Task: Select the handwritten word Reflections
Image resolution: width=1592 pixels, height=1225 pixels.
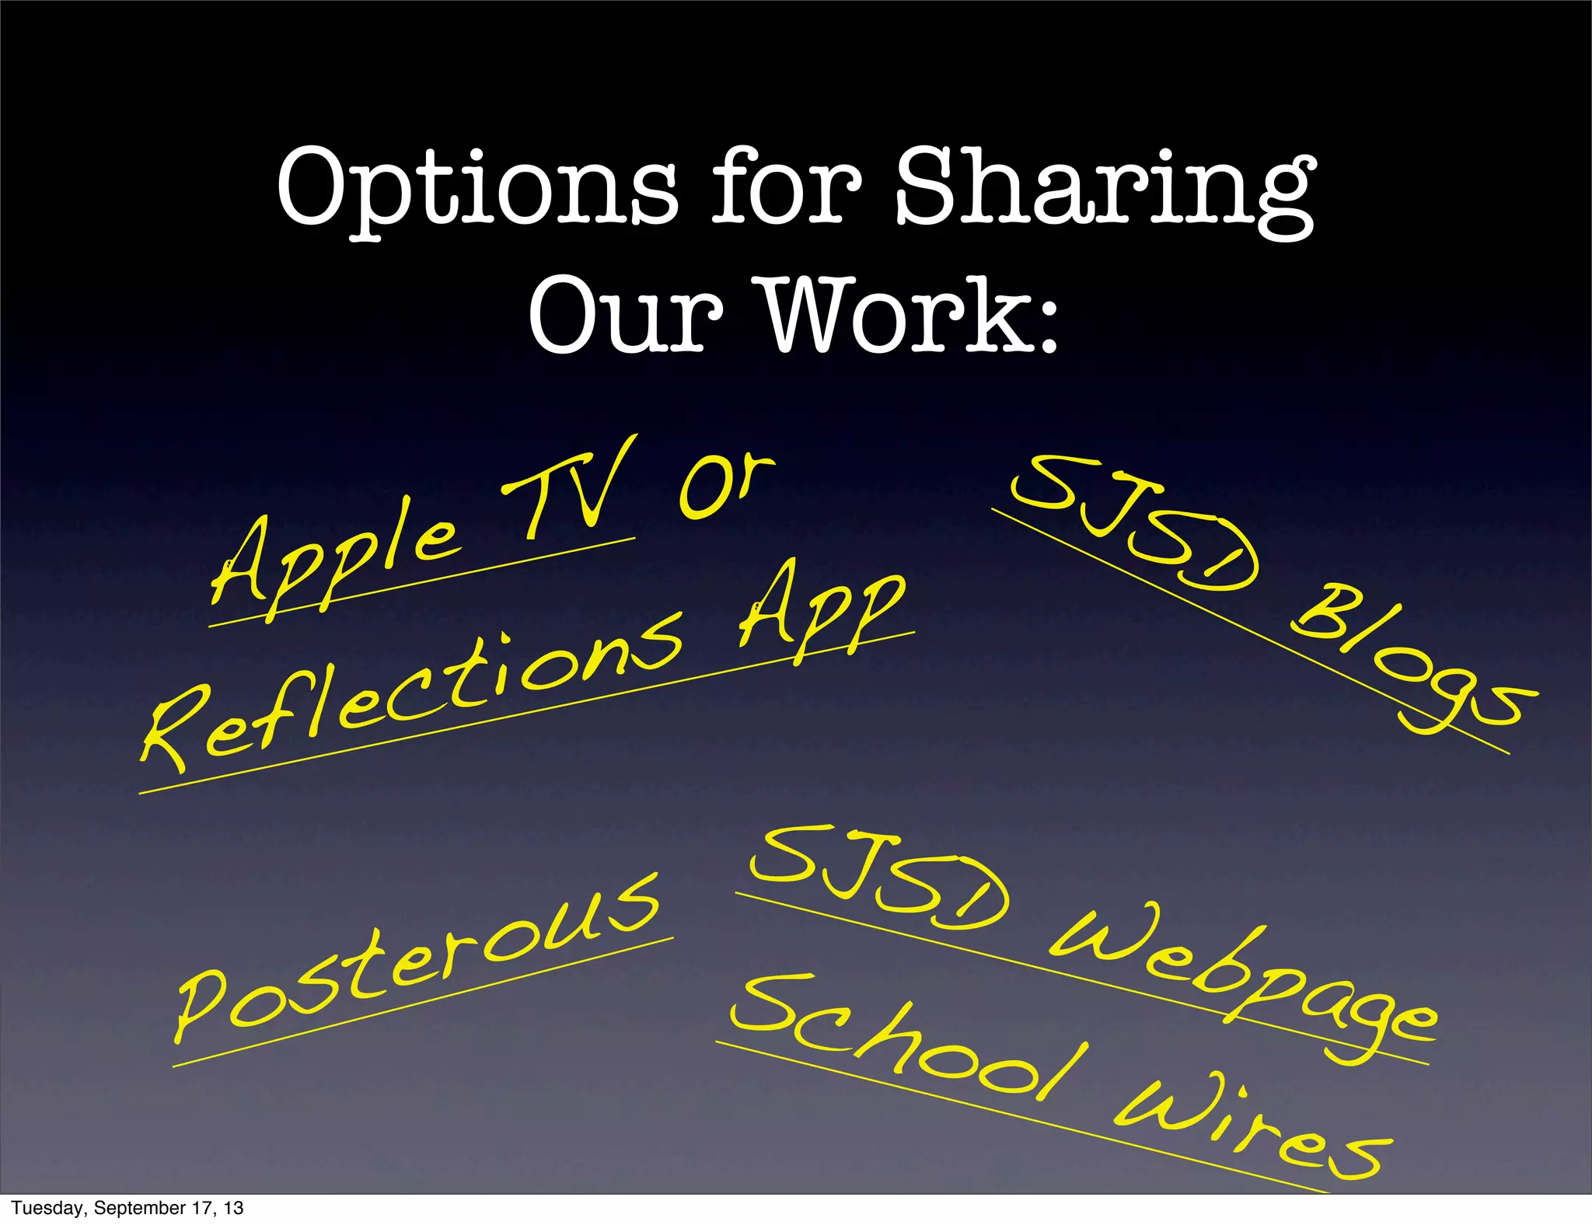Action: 412,692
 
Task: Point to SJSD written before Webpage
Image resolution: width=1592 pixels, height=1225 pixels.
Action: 878,878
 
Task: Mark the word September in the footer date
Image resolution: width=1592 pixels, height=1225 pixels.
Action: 135,1208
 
